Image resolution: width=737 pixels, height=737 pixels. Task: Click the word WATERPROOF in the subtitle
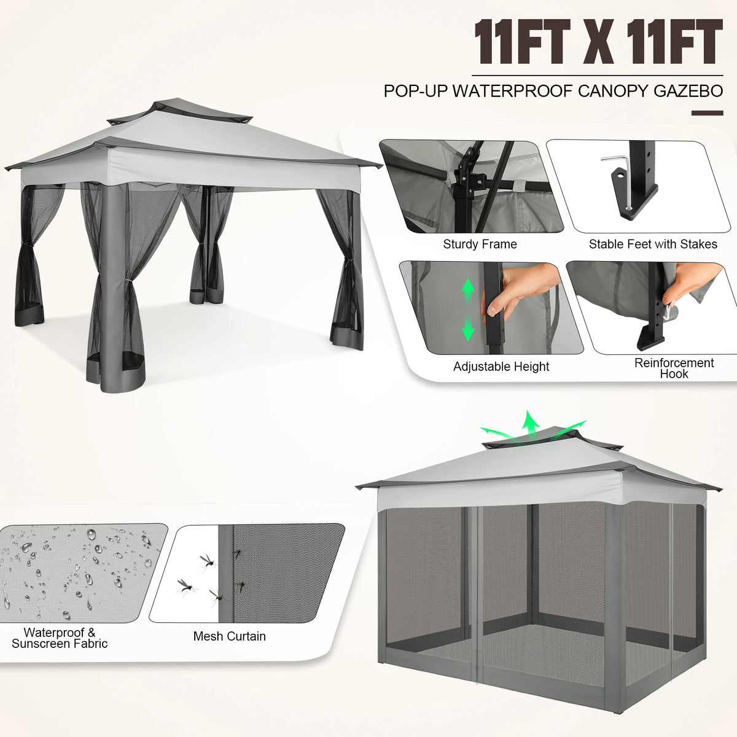(512, 91)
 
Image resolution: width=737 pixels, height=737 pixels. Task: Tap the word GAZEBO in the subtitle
(688, 91)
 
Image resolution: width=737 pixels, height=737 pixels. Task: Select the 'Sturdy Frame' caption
(480, 244)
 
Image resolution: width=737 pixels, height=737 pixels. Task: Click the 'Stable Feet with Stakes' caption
(653, 244)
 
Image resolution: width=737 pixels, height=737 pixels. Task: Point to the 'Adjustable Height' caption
(501, 367)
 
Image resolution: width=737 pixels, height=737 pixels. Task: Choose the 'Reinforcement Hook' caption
(674, 368)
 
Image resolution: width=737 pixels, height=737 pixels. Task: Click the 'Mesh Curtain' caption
(229, 637)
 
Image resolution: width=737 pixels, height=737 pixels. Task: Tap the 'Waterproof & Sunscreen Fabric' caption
(60, 638)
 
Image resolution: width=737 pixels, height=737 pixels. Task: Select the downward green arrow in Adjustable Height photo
(468, 328)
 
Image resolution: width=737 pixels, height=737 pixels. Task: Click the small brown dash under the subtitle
(707, 113)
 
